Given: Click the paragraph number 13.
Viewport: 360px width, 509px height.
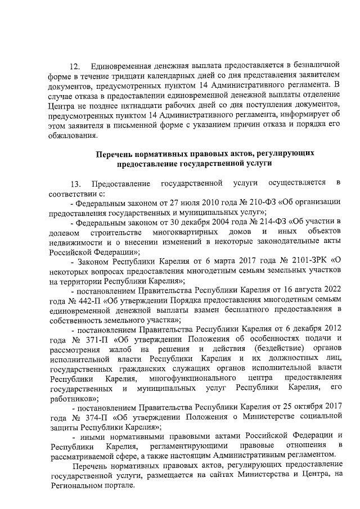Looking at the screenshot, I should (75, 184).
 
